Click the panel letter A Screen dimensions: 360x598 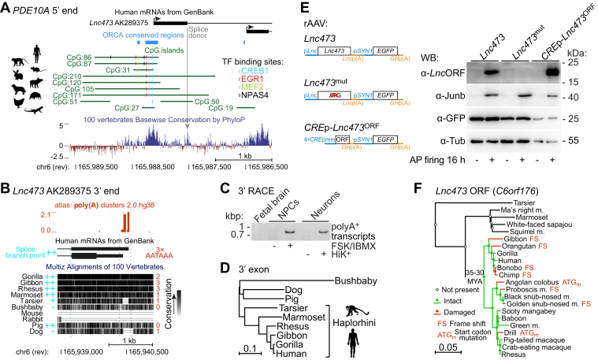pyautogui.click(x=6, y=7)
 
